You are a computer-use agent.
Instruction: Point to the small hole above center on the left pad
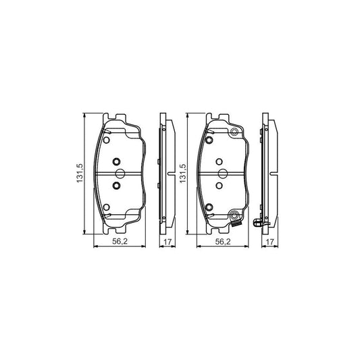[x=115, y=161]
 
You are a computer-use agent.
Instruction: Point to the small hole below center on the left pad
[x=115, y=185]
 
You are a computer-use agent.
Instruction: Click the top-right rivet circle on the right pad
[x=234, y=132]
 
